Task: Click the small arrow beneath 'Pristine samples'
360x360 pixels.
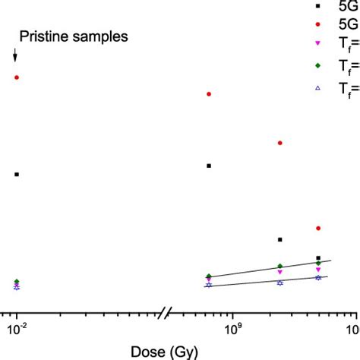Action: click(x=15, y=55)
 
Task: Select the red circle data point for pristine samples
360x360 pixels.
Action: click(x=16, y=77)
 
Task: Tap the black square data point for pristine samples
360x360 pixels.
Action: click(x=16, y=175)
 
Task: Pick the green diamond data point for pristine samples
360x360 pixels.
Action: click(x=16, y=282)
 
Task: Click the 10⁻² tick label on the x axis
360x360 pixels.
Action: click(x=16, y=327)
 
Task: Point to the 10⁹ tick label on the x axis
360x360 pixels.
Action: click(x=231, y=327)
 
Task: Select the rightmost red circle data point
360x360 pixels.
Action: click(x=318, y=228)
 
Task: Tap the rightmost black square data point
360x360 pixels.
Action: click(x=318, y=258)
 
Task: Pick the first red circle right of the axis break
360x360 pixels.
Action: click(x=209, y=94)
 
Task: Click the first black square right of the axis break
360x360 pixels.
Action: click(x=209, y=166)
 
